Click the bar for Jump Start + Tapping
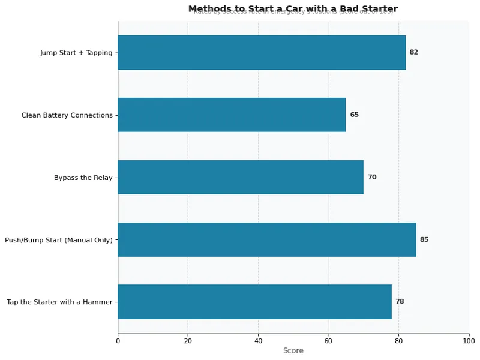(x=262, y=52)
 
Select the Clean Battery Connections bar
(x=232, y=115)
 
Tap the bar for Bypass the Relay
(x=241, y=177)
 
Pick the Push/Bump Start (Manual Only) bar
(x=267, y=239)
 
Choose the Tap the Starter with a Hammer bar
(x=254, y=302)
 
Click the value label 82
(x=413, y=52)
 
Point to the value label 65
(x=354, y=115)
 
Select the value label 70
(x=372, y=177)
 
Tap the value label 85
(x=424, y=239)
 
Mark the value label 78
(x=400, y=302)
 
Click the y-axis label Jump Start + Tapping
(x=76, y=53)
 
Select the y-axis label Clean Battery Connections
(x=67, y=115)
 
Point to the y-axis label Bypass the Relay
(x=83, y=178)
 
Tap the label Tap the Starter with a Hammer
(x=59, y=302)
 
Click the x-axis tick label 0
(x=118, y=341)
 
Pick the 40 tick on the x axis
(x=258, y=341)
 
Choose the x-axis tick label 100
(x=469, y=341)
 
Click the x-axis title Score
(x=293, y=351)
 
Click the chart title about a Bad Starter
(x=293, y=8)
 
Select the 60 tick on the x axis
(x=328, y=341)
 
